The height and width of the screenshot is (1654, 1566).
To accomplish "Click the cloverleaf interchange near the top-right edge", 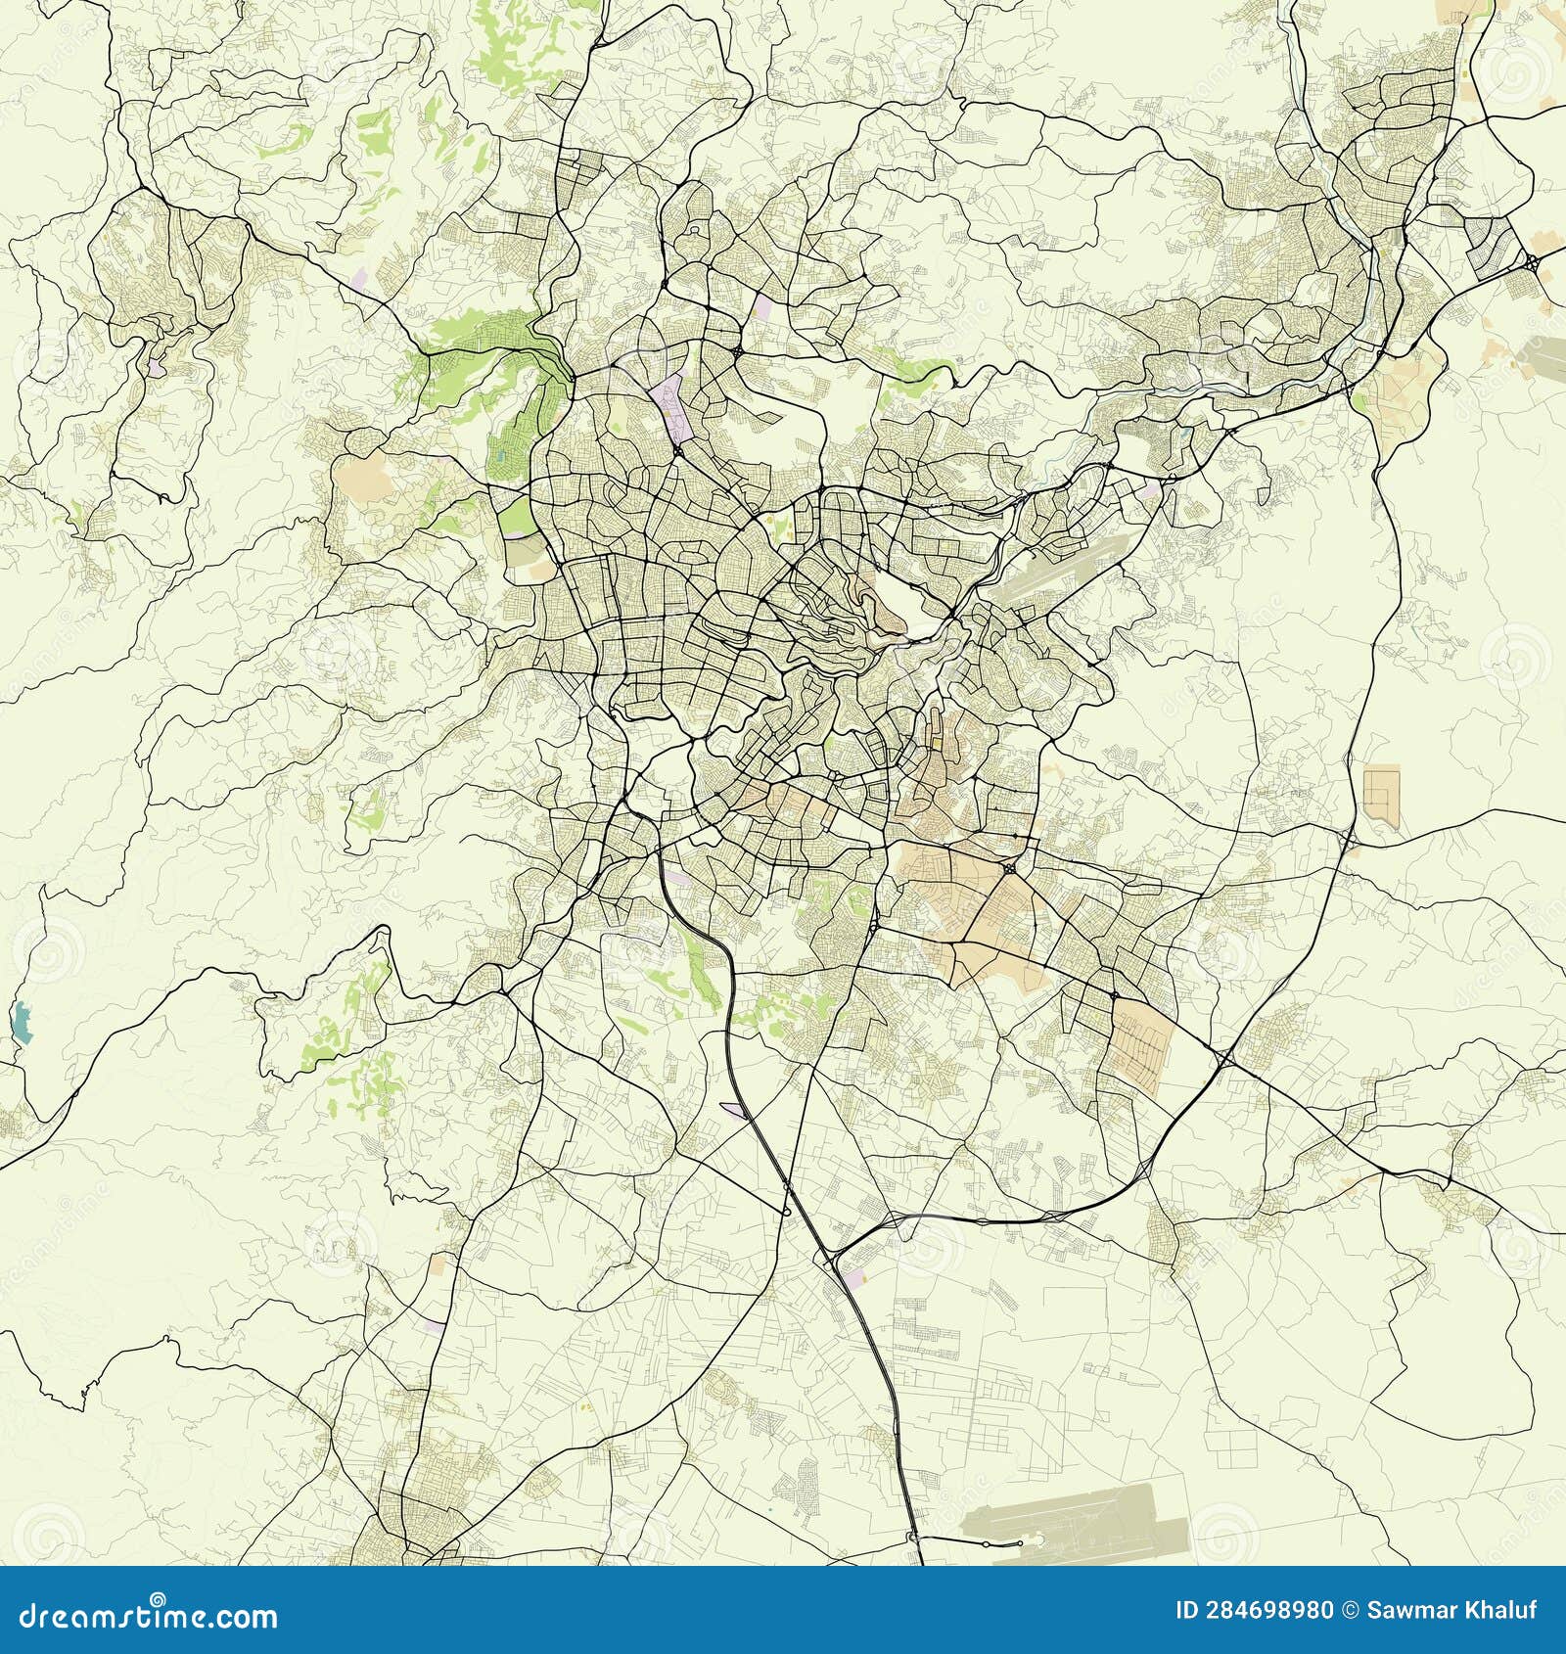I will coord(1530,262).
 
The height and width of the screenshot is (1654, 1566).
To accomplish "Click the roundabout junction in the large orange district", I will coord(1008,868).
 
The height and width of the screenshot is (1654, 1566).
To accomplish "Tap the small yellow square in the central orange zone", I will coord(935,742).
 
